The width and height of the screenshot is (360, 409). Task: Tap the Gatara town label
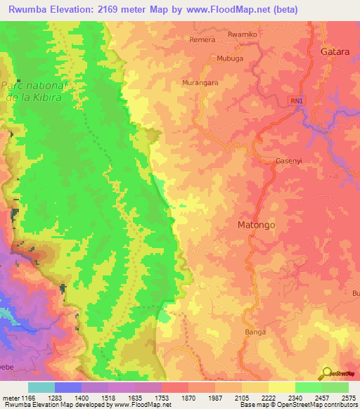coord(335,52)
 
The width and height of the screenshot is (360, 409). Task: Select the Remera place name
coord(202,40)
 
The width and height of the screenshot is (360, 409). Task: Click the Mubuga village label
coord(230,58)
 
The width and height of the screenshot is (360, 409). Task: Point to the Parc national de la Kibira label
coord(32,91)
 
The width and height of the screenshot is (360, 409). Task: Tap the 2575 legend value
coord(348,398)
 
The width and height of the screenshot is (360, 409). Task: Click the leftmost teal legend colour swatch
coord(41,387)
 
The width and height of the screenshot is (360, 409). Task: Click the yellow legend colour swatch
coord(281,387)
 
